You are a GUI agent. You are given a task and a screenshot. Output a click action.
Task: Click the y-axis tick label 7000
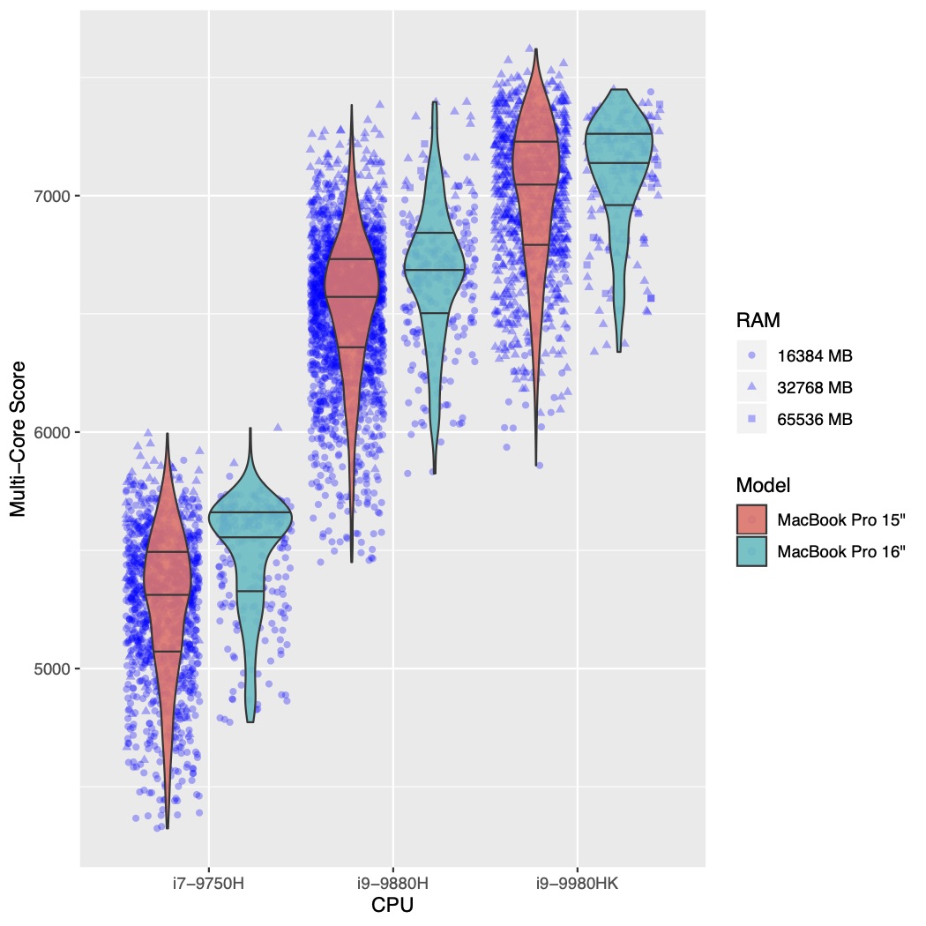[52, 195]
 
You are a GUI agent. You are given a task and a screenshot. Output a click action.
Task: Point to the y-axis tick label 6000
[52, 432]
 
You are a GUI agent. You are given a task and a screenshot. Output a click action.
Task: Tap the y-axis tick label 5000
[52, 668]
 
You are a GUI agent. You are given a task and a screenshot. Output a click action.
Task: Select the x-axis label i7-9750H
[208, 883]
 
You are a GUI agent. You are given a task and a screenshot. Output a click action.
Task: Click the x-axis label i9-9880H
[392, 883]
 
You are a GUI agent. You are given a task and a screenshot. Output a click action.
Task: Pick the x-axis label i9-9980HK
[577, 883]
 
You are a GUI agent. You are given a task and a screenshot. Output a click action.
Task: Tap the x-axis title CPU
[392, 906]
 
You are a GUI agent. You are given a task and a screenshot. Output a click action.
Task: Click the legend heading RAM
[758, 320]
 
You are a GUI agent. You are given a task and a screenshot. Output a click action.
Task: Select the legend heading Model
[763, 485]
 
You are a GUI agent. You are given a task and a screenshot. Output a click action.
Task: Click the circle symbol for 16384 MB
[751, 355]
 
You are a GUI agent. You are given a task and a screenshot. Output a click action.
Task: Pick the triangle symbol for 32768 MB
[751, 387]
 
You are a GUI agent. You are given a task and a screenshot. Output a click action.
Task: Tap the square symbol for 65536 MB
[751, 419]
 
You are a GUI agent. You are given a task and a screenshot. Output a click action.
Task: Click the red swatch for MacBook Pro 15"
[751, 519]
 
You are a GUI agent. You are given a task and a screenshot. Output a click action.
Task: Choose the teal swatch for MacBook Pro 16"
[751, 551]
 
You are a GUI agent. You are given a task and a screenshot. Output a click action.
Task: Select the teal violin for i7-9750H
[250, 529]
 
